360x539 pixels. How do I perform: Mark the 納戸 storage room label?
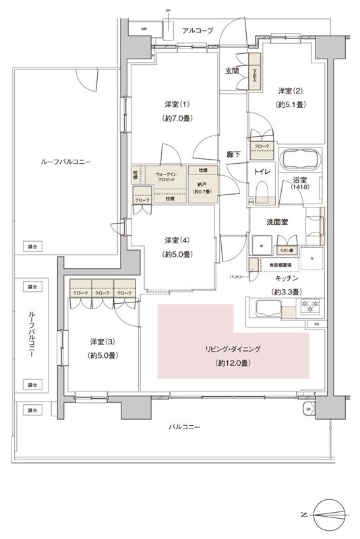[202, 184]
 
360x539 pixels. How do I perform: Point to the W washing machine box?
[261, 245]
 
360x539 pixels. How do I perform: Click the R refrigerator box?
[311, 258]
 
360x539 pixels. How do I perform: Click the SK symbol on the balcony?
[309, 409]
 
